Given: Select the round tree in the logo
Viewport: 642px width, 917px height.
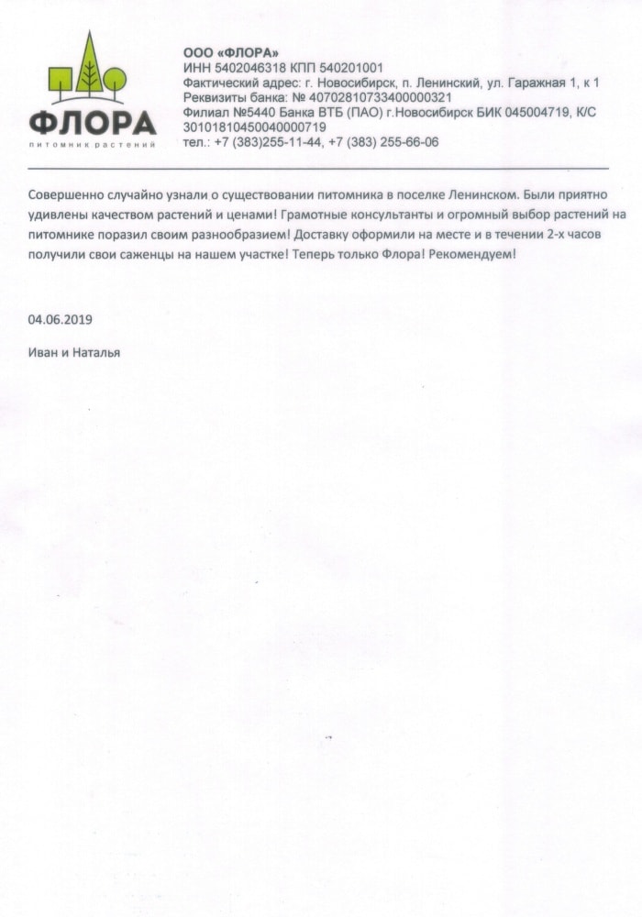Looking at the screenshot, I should tap(114, 81).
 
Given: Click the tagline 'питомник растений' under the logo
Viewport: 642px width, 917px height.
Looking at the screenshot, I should tap(92, 145).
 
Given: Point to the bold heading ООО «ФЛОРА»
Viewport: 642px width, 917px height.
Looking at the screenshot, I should tap(218, 53).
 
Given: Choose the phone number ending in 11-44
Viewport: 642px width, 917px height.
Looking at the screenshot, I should tap(273, 142).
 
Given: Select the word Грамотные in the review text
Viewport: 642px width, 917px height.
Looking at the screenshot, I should tap(339, 215).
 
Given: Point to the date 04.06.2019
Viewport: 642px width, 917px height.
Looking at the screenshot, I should tap(61, 319).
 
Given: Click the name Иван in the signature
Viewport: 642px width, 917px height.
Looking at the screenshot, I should tap(41, 352).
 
